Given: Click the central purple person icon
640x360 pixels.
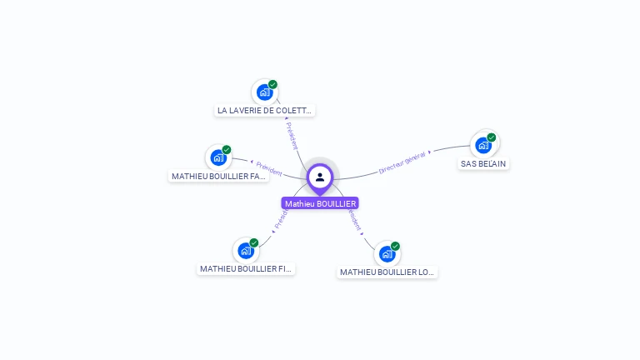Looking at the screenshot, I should tap(320, 177).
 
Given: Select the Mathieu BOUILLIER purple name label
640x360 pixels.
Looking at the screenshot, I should tap(320, 203).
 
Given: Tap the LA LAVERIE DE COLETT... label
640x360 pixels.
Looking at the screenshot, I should tap(264, 110).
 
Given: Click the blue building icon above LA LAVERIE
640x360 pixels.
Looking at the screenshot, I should tap(264, 92).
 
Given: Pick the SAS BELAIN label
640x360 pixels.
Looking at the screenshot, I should tap(483, 163).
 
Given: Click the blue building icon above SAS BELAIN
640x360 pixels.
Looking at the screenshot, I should tap(482, 145).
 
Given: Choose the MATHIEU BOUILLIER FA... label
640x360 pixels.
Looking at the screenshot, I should tap(218, 176).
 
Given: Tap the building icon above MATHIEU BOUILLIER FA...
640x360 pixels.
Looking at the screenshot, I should tap(217, 157).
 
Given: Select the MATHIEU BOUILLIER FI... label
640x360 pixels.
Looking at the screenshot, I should tap(247, 268).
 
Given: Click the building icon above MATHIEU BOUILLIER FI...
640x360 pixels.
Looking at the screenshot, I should tap(245, 250).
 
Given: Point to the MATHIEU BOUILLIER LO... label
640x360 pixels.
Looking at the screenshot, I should tap(387, 272).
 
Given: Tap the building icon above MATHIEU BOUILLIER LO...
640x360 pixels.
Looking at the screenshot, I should tap(387, 253).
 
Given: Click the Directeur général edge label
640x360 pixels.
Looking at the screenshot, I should tap(402, 162).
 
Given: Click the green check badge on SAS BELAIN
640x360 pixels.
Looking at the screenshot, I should tap(492, 137).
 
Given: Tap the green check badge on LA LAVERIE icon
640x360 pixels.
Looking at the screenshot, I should tap(272, 85).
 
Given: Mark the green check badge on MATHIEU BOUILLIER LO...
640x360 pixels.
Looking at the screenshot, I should tap(395, 246).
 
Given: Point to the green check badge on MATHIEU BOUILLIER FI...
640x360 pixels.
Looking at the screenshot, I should tap(254, 242).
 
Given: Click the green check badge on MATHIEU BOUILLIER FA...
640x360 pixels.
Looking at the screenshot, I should tap(227, 150).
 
